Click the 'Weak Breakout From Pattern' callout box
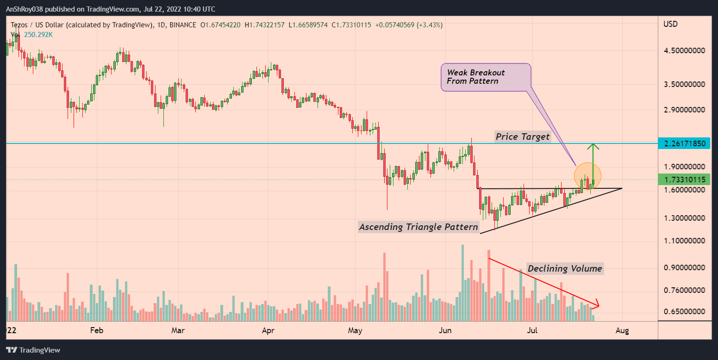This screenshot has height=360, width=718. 486,77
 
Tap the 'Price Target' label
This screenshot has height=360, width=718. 523,137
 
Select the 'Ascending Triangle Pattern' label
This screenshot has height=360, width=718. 418,227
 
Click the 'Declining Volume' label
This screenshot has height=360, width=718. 565,268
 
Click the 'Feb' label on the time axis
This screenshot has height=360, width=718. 96,330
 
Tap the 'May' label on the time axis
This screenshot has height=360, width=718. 355,330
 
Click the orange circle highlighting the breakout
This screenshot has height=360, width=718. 587,176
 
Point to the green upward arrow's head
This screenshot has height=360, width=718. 593,146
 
